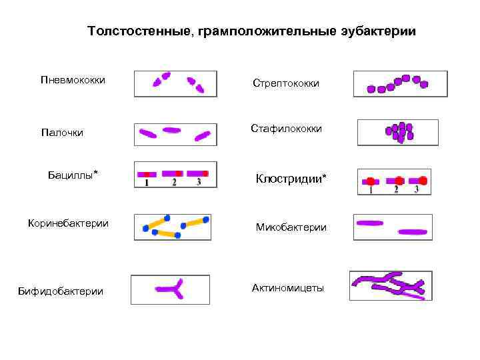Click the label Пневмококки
point(73,80)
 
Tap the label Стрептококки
point(285,83)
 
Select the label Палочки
point(62,133)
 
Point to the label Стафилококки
point(286,128)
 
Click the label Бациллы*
point(73,175)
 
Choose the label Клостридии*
point(291,179)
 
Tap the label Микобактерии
point(291,227)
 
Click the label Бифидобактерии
point(61,291)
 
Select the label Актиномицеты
point(287,288)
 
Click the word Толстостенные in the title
point(139,31)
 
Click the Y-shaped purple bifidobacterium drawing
point(173,289)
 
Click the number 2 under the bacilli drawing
point(174,182)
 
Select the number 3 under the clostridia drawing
point(417,189)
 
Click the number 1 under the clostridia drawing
point(371,189)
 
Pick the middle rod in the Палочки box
point(171,131)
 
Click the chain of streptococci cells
point(399,83)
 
